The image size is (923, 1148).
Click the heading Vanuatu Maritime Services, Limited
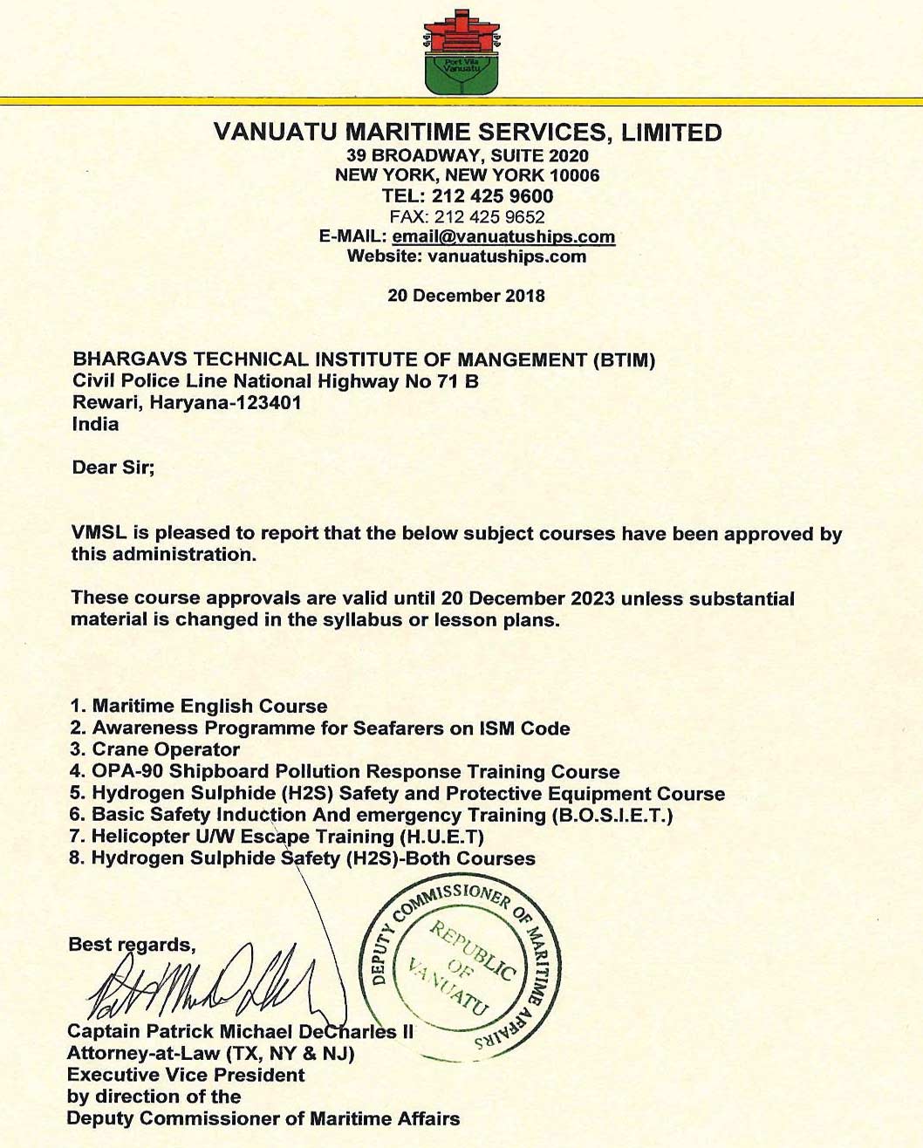pyautogui.click(x=468, y=133)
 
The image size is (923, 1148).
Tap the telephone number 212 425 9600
pyautogui.click(x=493, y=196)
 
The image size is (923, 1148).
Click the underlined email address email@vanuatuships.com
pyautogui.click(x=503, y=237)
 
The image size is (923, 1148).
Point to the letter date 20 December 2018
pyautogui.click(x=466, y=296)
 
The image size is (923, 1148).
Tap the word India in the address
pyautogui.click(x=96, y=425)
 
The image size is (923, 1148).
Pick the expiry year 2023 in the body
pyautogui.click(x=592, y=598)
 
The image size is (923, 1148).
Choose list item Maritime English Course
pyautogui.click(x=209, y=707)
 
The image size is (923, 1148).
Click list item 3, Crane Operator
pyautogui.click(x=166, y=750)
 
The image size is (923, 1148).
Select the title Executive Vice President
pyautogui.click(x=186, y=1076)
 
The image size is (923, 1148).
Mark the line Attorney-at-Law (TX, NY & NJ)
pyautogui.click(x=210, y=1054)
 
